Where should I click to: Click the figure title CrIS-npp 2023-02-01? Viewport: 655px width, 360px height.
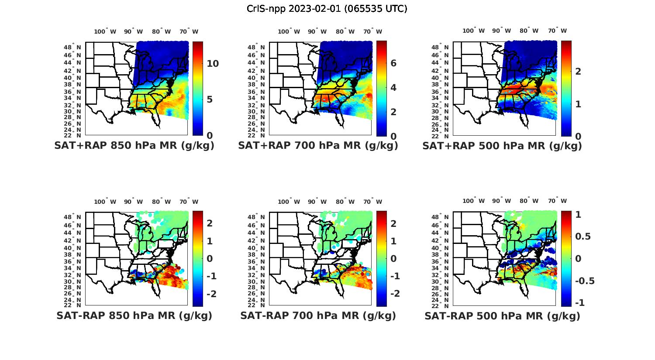tap(327, 9)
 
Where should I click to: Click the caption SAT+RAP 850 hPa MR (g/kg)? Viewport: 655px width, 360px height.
tap(134, 146)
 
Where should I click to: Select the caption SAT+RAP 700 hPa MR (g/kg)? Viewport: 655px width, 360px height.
tap(318, 146)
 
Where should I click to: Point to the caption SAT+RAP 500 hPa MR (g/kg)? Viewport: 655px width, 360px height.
tap(502, 146)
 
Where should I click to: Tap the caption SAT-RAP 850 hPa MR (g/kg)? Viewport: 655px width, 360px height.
tap(134, 315)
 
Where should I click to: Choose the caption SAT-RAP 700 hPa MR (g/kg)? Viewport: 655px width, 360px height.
tap(318, 315)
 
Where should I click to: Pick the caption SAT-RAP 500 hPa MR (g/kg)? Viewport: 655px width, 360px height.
tap(502, 315)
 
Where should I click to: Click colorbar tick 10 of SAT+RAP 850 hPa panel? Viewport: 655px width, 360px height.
tap(213, 64)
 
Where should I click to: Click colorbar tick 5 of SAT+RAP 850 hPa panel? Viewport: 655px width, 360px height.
tap(210, 99)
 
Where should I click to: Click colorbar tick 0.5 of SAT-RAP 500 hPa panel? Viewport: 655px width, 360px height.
tap(583, 236)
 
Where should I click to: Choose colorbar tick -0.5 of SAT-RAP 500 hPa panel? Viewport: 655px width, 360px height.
tap(584, 281)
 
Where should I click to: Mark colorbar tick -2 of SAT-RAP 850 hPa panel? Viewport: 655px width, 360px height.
tap(211, 294)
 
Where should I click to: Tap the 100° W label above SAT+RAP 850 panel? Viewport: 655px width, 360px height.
tap(105, 31)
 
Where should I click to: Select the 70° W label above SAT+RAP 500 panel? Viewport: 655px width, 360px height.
tap(557, 31)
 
